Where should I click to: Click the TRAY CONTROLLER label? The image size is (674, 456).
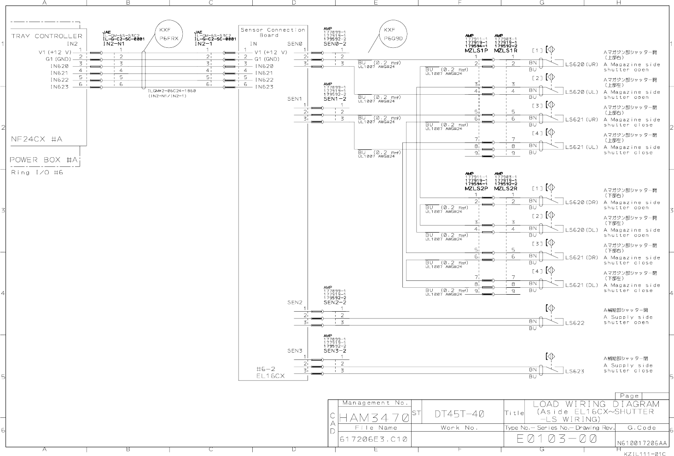pyautogui.click(x=46, y=36)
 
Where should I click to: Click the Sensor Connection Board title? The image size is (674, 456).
pyautogui.click(x=273, y=32)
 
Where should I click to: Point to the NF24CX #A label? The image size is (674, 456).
pyautogui.click(x=37, y=139)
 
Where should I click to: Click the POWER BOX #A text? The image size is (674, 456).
pyautogui.click(x=44, y=160)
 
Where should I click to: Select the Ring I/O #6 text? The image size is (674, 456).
pyautogui.click(x=37, y=172)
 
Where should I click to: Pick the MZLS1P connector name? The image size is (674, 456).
pyautogui.click(x=476, y=51)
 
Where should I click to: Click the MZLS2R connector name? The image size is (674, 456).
pyautogui.click(x=506, y=188)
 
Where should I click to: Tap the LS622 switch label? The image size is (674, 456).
pyautogui.click(x=575, y=323)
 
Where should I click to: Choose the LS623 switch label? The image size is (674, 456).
pyautogui.click(x=575, y=371)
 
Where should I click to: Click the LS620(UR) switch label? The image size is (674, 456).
pyautogui.click(x=581, y=64)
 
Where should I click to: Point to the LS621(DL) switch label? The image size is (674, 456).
pyautogui.click(x=581, y=285)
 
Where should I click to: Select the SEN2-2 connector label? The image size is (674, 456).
pyautogui.click(x=335, y=303)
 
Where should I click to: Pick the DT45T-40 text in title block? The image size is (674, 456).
pyautogui.click(x=459, y=414)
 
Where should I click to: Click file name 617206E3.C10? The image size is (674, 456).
pyautogui.click(x=373, y=439)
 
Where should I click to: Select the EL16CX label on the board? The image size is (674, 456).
pyautogui.click(x=270, y=376)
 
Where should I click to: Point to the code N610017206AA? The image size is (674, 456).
pyautogui.click(x=642, y=443)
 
